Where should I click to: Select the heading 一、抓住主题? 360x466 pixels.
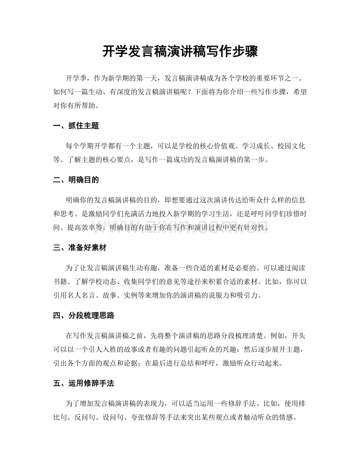(76, 126)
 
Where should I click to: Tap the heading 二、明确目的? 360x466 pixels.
(76, 180)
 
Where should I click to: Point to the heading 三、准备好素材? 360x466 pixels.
(80, 248)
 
